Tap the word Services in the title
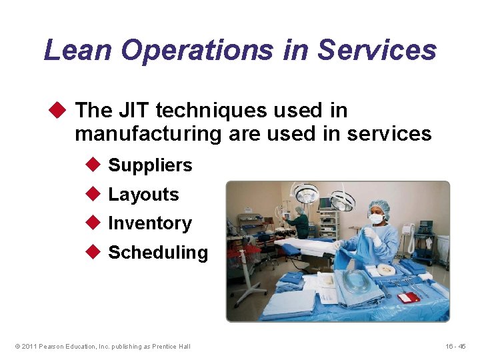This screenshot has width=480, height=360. (377, 50)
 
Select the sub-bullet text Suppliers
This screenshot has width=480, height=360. (150, 165)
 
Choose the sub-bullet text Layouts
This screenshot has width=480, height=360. (143, 195)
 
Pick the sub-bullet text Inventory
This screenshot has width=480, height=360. (149, 223)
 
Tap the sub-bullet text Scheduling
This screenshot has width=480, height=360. (158, 253)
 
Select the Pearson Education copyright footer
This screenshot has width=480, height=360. (102, 346)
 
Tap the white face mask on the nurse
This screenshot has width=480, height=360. (377, 219)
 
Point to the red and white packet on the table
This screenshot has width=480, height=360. (408, 297)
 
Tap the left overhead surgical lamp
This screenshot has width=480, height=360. (306, 194)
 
